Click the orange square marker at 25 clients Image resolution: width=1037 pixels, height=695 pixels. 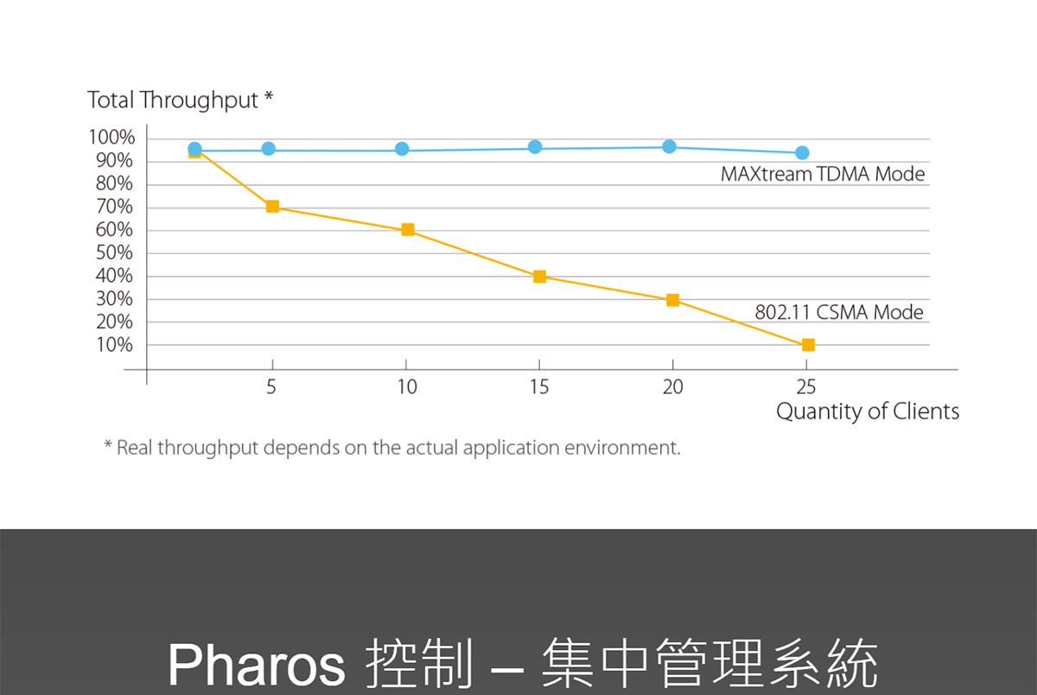coord(808,345)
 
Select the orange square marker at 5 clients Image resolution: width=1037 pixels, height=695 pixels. coord(273,207)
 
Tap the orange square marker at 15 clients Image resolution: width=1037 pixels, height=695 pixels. coord(539,277)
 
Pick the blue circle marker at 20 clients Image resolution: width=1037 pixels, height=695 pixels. coord(669,147)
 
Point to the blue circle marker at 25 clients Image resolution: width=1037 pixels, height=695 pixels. coord(802,153)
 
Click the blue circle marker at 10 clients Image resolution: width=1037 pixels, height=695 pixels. coord(402,149)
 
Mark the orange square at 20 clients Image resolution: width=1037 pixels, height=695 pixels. coord(672,300)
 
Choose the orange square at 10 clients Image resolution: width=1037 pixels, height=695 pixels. coord(408,230)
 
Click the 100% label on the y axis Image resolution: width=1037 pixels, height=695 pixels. coord(111,137)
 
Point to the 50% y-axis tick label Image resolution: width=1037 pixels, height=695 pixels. coord(114,252)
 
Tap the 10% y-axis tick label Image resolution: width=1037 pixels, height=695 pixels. coord(114,345)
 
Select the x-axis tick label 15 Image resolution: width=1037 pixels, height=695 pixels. coord(539,387)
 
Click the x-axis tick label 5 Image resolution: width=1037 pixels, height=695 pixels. coord(271,387)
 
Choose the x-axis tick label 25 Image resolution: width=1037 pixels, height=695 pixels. coord(806,387)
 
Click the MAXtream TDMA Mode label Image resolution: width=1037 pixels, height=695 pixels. coord(823,174)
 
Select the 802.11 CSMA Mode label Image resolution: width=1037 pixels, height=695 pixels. coord(839,312)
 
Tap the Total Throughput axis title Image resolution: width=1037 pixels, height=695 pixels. coord(180,100)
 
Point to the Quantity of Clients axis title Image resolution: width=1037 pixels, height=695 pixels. coord(868,411)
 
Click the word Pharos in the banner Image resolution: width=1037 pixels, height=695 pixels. coord(257,665)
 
